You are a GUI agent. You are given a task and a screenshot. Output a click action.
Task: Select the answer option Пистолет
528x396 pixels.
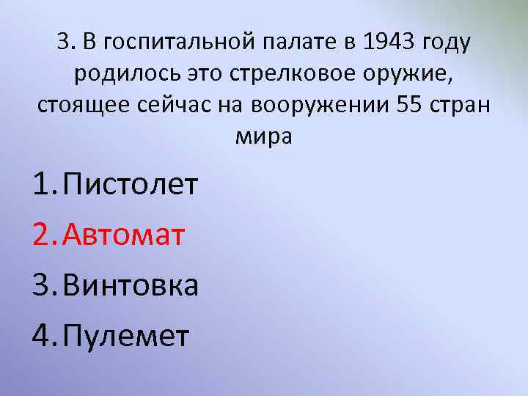coord(131,186)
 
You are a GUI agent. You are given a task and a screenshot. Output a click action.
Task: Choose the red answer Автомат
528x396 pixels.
coord(124,235)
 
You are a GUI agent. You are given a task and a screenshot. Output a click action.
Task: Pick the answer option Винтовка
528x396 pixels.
coord(131,285)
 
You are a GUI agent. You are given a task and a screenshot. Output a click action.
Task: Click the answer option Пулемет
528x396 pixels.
coord(126,336)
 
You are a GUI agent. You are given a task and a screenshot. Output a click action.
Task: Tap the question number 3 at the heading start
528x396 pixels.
coord(62,43)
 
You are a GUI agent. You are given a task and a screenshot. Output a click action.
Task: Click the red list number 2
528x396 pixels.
coord(43,235)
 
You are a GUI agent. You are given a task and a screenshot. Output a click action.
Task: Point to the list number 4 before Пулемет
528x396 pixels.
coord(43,336)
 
